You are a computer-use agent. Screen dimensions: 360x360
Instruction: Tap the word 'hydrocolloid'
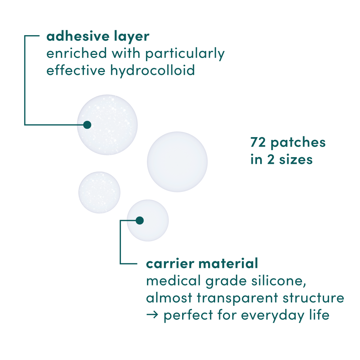[x=153, y=70]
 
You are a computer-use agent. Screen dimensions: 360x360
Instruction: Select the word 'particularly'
[x=185, y=53]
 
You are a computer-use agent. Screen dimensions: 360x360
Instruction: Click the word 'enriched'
[x=77, y=53]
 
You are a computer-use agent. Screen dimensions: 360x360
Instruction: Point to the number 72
[x=258, y=142]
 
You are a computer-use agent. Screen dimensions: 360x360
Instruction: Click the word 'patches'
[x=298, y=143]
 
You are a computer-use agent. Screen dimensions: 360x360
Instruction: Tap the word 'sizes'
[x=296, y=159]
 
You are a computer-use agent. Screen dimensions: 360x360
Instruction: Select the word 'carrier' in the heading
[x=170, y=264]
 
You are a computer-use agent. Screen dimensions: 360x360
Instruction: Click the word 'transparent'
[x=238, y=298]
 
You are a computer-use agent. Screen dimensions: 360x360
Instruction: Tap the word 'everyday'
[x=273, y=315]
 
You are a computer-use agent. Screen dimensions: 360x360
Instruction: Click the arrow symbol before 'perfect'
[x=152, y=315]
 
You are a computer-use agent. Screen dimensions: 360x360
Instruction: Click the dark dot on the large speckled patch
[x=87, y=125]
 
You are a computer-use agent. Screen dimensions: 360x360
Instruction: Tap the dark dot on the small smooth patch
[x=140, y=220]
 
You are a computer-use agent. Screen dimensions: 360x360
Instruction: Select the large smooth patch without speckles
[x=177, y=162]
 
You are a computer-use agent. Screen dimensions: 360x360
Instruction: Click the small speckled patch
[x=99, y=192]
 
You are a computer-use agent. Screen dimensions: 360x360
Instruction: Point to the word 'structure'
[x=313, y=298]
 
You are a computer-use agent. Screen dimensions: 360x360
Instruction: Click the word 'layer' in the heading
[x=132, y=37]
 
